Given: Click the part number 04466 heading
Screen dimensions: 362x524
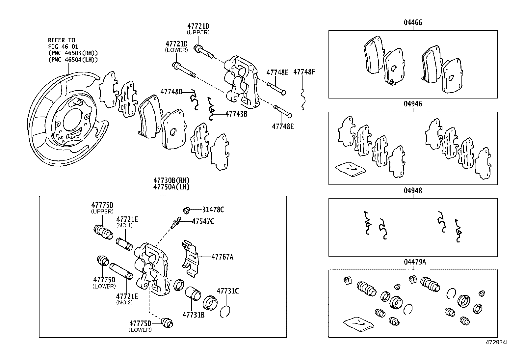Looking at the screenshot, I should pos(413,23).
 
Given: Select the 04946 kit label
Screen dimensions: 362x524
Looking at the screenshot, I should pos(413,104).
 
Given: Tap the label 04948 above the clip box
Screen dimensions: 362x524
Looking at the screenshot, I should pos(413,191).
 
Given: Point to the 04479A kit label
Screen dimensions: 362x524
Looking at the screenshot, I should pos(415,262).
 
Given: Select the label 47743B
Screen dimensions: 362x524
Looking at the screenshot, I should pos(236,114).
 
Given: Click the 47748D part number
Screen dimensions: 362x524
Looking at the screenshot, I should pos(171,92).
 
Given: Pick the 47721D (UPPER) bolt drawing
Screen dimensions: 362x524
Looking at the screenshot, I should pos(204,51).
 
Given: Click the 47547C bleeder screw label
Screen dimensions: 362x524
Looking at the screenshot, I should pos(203,221).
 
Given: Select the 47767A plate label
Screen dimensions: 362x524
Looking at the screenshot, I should pos(222,257).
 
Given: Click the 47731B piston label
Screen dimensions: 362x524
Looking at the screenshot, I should pos(194,315).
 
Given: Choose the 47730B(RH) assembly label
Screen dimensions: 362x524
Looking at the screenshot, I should pos(171,180).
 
